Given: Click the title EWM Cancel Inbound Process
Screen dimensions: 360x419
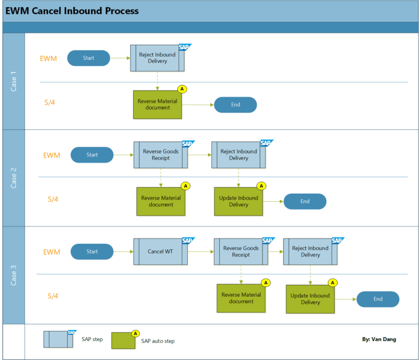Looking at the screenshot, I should (x=72, y=11).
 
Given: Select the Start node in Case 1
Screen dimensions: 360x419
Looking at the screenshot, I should (x=88, y=58).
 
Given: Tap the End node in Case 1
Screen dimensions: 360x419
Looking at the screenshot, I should (x=235, y=105).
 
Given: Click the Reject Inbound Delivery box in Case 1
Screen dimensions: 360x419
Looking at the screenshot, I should (x=157, y=58).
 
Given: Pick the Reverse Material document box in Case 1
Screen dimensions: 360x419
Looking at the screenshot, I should (x=157, y=104).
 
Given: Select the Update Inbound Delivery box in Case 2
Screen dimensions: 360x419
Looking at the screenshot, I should (x=238, y=201).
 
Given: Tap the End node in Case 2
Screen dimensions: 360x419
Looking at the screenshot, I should (x=304, y=201).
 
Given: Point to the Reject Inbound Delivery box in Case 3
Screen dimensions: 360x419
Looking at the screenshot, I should (x=310, y=251).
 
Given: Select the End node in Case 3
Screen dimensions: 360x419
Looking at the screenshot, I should (x=378, y=299).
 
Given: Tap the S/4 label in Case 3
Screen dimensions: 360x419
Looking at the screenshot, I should (x=52, y=296).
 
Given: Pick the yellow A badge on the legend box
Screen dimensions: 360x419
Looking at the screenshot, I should (x=135, y=333).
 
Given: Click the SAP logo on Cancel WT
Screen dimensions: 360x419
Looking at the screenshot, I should (x=188, y=241).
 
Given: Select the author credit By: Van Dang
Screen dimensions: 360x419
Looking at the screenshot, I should (x=379, y=339).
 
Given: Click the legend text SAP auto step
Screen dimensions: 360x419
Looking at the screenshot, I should (x=158, y=341).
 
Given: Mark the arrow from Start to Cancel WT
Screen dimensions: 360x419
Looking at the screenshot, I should (x=123, y=251).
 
